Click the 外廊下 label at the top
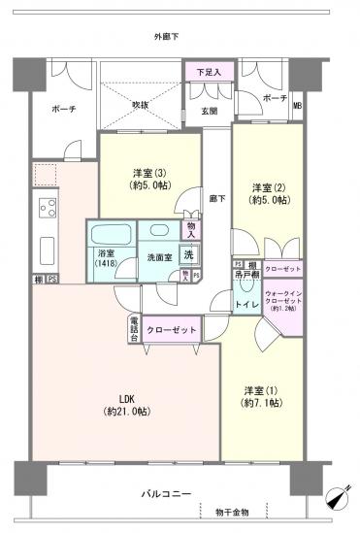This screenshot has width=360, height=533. click(x=167, y=37)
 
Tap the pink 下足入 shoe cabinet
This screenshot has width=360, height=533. click(x=203, y=72)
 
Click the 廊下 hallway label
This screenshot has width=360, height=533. click(x=217, y=197)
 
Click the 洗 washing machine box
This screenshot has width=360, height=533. click(x=189, y=254)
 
